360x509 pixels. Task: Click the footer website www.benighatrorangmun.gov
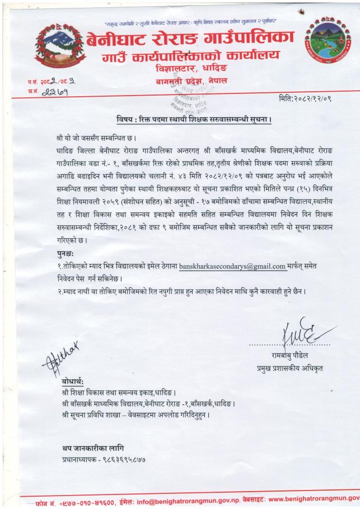coord(314,497)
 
